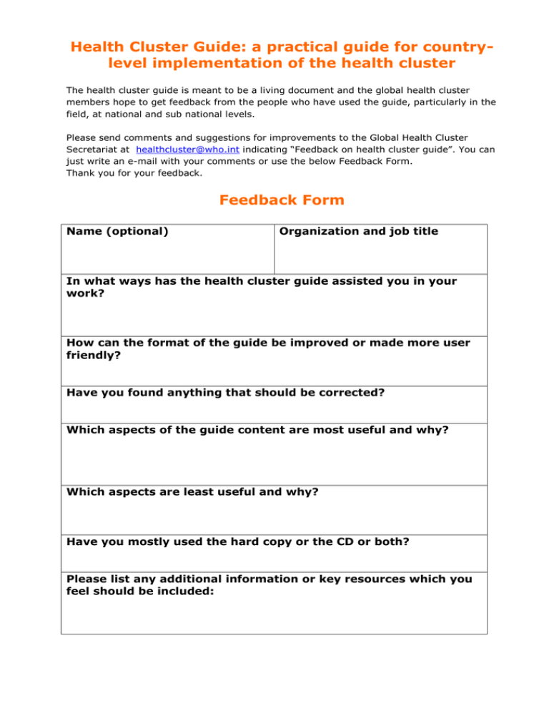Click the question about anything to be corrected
(229, 392)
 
